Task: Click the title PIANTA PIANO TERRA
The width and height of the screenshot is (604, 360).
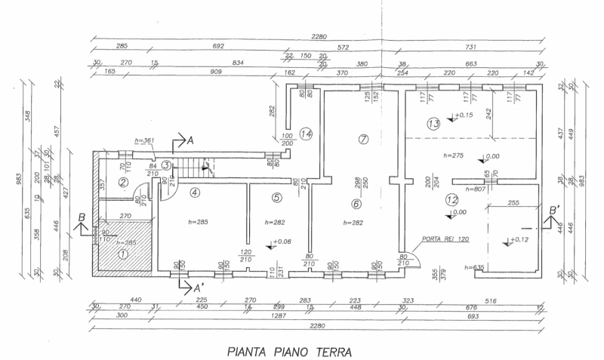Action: (x=290, y=350)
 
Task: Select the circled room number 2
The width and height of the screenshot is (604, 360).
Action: (x=122, y=182)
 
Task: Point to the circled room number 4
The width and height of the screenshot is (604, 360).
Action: (x=195, y=192)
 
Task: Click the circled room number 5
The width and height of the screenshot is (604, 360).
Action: (x=276, y=198)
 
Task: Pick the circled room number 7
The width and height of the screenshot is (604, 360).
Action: (x=363, y=140)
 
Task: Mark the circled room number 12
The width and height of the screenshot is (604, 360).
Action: (x=452, y=200)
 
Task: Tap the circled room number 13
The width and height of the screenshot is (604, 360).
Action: (x=433, y=123)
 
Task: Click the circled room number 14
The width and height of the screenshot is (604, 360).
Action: (x=305, y=134)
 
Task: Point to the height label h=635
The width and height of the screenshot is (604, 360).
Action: (x=473, y=267)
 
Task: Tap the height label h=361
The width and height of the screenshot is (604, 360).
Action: (x=143, y=140)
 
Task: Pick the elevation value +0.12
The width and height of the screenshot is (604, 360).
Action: (x=520, y=240)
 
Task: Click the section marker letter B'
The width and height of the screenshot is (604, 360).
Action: (x=554, y=209)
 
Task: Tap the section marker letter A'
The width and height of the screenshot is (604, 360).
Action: (x=199, y=288)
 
